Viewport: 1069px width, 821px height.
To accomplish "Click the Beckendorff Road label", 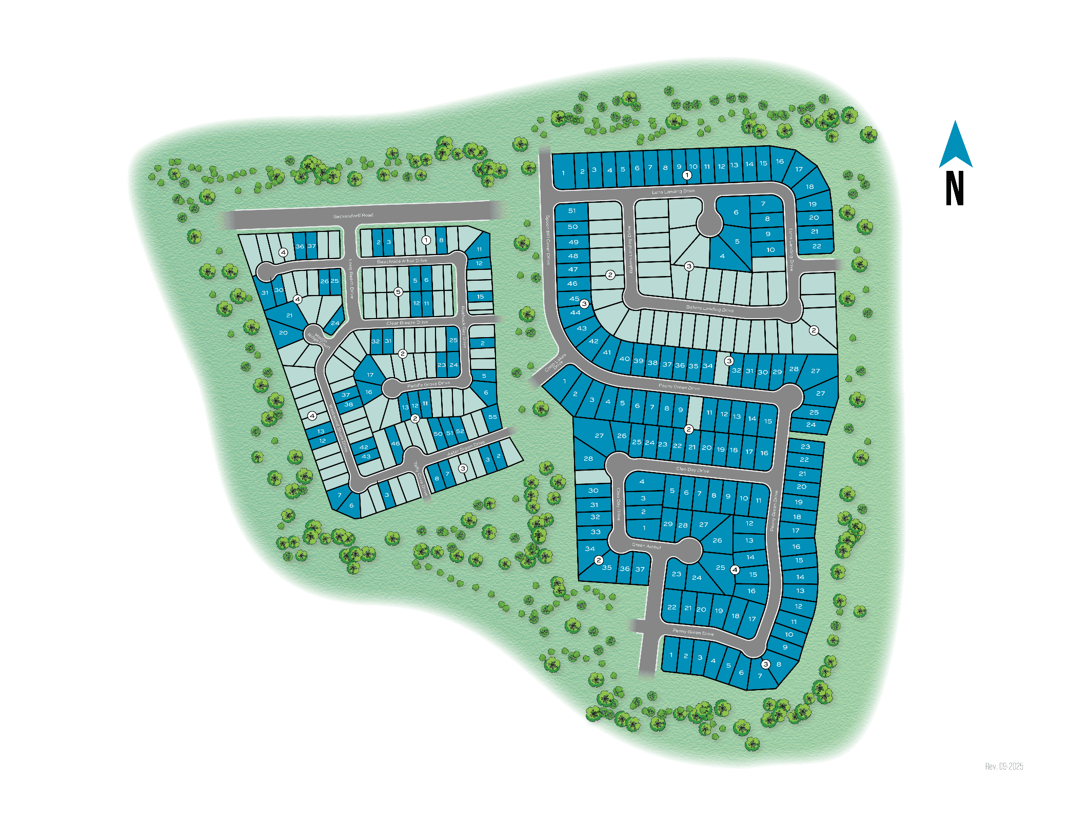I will [x=353, y=216].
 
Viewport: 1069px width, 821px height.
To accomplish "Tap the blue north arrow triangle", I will [x=955, y=146].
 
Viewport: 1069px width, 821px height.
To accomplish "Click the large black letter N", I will [x=955, y=188].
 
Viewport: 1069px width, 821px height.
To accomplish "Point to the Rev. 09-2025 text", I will [x=1004, y=766].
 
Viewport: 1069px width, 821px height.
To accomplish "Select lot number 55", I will [x=492, y=417].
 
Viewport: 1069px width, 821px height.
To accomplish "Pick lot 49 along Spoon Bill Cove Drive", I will [x=573, y=242].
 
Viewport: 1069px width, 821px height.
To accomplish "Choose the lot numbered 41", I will [x=607, y=353].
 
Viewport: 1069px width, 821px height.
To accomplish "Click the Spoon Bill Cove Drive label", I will [x=547, y=240].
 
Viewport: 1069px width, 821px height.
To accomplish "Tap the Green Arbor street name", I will [x=646, y=545].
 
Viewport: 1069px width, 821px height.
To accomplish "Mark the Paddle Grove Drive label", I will [x=428, y=384].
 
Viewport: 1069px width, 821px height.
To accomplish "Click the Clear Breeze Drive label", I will [x=407, y=323].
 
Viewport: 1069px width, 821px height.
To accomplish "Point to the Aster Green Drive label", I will [x=466, y=448].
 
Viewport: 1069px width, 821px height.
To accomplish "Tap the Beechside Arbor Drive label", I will [x=402, y=261].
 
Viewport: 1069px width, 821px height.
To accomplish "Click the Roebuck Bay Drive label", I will [x=463, y=327].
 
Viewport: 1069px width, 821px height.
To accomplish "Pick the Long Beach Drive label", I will [x=351, y=279].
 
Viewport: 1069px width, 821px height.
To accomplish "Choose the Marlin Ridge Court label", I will [x=319, y=340].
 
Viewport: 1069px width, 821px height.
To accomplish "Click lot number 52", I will [x=460, y=431].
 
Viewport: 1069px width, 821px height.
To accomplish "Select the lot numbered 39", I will [x=638, y=361].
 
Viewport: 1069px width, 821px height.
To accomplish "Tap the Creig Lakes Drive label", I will [x=556, y=362].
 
